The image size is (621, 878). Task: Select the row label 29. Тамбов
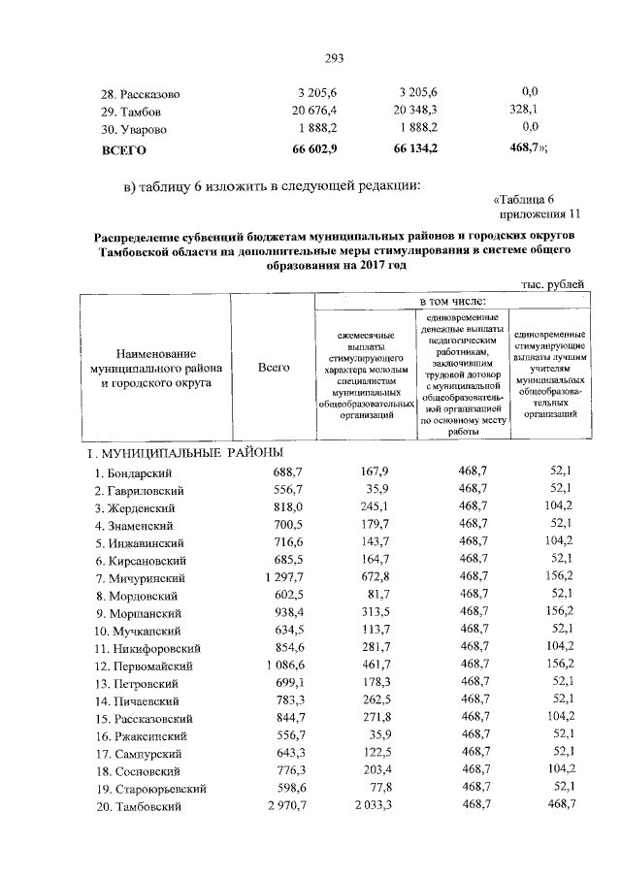click(x=136, y=111)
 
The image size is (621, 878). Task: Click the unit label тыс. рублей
click(x=553, y=283)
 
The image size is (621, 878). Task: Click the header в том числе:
click(x=451, y=302)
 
